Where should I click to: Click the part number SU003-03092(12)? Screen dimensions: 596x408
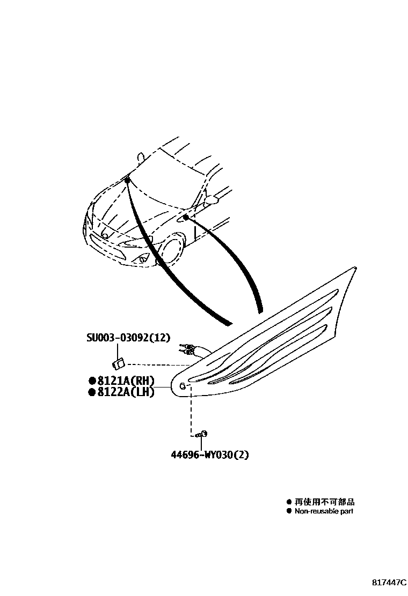tap(128, 338)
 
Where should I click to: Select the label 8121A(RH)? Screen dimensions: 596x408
tap(126, 381)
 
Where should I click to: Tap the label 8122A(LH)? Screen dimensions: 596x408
tap(126, 392)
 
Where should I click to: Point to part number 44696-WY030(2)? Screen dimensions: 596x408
tap(210, 455)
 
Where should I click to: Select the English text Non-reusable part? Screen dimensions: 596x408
tap(324, 511)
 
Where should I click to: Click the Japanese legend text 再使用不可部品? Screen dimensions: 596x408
tap(324, 502)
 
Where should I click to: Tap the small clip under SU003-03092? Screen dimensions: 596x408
tap(121, 363)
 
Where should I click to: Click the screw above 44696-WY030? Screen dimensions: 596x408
tap(202, 434)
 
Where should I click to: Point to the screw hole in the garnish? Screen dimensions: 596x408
tap(183, 386)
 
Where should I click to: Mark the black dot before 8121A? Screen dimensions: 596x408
tap(92, 381)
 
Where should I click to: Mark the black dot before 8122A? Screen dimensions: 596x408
tap(92, 392)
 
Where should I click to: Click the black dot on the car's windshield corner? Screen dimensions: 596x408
tap(127, 181)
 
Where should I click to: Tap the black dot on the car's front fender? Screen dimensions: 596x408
tap(185, 217)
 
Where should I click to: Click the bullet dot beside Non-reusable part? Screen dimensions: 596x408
tap(289, 511)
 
